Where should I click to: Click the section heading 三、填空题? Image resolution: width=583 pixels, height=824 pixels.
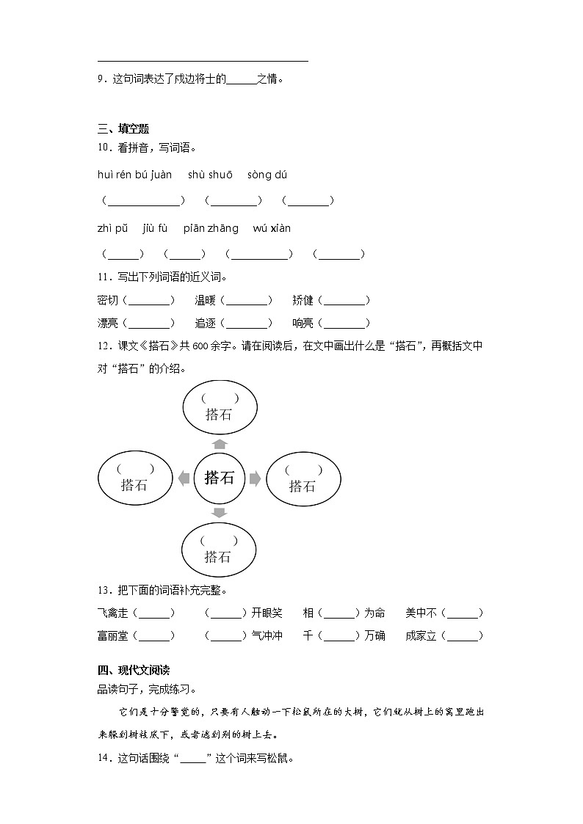point(123,129)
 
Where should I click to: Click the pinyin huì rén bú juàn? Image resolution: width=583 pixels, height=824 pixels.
point(134,175)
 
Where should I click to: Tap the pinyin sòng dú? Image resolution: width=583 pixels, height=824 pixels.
point(267,175)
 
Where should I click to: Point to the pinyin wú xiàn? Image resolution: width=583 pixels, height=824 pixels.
point(272,228)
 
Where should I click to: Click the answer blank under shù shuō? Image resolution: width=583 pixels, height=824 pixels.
point(233,200)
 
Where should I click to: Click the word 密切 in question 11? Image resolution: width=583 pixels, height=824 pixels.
point(107,300)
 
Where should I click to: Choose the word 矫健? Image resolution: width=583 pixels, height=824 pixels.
point(303,300)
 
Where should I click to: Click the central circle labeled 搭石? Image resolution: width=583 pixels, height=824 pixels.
point(219,478)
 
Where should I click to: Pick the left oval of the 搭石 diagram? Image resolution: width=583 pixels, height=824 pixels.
point(135,478)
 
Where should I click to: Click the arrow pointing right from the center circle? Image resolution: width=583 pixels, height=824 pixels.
point(255,479)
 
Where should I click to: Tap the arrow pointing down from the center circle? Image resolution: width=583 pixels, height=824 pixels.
point(219,512)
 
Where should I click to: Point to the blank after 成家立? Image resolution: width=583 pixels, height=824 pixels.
point(464,636)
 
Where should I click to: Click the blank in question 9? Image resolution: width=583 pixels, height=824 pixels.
point(241,79)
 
